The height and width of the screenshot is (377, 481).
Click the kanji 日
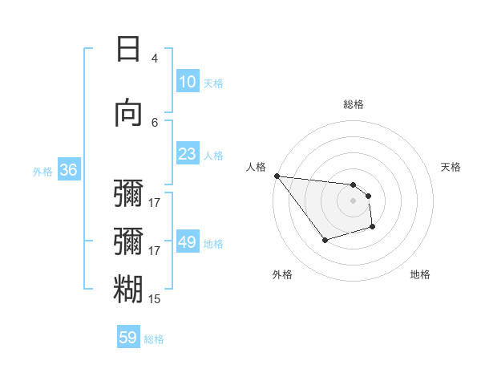pyautogui.click(x=128, y=49)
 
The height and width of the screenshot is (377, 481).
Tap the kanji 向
pyautogui.click(x=128, y=113)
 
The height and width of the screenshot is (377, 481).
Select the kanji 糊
pyautogui.click(x=128, y=290)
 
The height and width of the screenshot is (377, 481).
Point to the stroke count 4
pyautogui.click(x=155, y=58)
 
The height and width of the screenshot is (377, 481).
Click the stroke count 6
pyautogui.click(x=155, y=122)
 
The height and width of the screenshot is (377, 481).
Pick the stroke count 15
pyautogui.click(x=155, y=299)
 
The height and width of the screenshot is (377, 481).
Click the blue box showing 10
pyautogui.click(x=187, y=81)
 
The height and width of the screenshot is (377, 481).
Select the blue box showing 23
pyautogui.click(x=187, y=153)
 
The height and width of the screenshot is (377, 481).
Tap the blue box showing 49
pyautogui.click(x=187, y=241)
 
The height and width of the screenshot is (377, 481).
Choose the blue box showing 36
pyautogui.click(x=69, y=169)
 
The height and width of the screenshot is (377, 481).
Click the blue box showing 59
pyautogui.click(x=128, y=338)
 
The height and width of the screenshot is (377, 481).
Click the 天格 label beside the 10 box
pyautogui.click(x=213, y=83)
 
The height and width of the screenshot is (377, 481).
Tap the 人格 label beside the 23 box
pyautogui.click(x=213, y=155)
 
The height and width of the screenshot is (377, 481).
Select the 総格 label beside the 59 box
pyautogui.click(x=154, y=339)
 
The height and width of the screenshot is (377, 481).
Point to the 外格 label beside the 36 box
pyautogui.click(x=42, y=171)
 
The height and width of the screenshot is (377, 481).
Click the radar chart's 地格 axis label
pyautogui.click(x=420, y=274)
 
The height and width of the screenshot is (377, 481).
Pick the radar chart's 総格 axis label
pyautogui.click(x=354, y=104)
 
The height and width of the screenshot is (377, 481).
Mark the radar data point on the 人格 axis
pyautogui.click(x=277, y=176)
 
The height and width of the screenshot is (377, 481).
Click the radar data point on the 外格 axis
pyautogui.click(x=325, y=240)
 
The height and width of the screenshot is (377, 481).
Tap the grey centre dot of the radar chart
pyautogui.click(x=354, y=201)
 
